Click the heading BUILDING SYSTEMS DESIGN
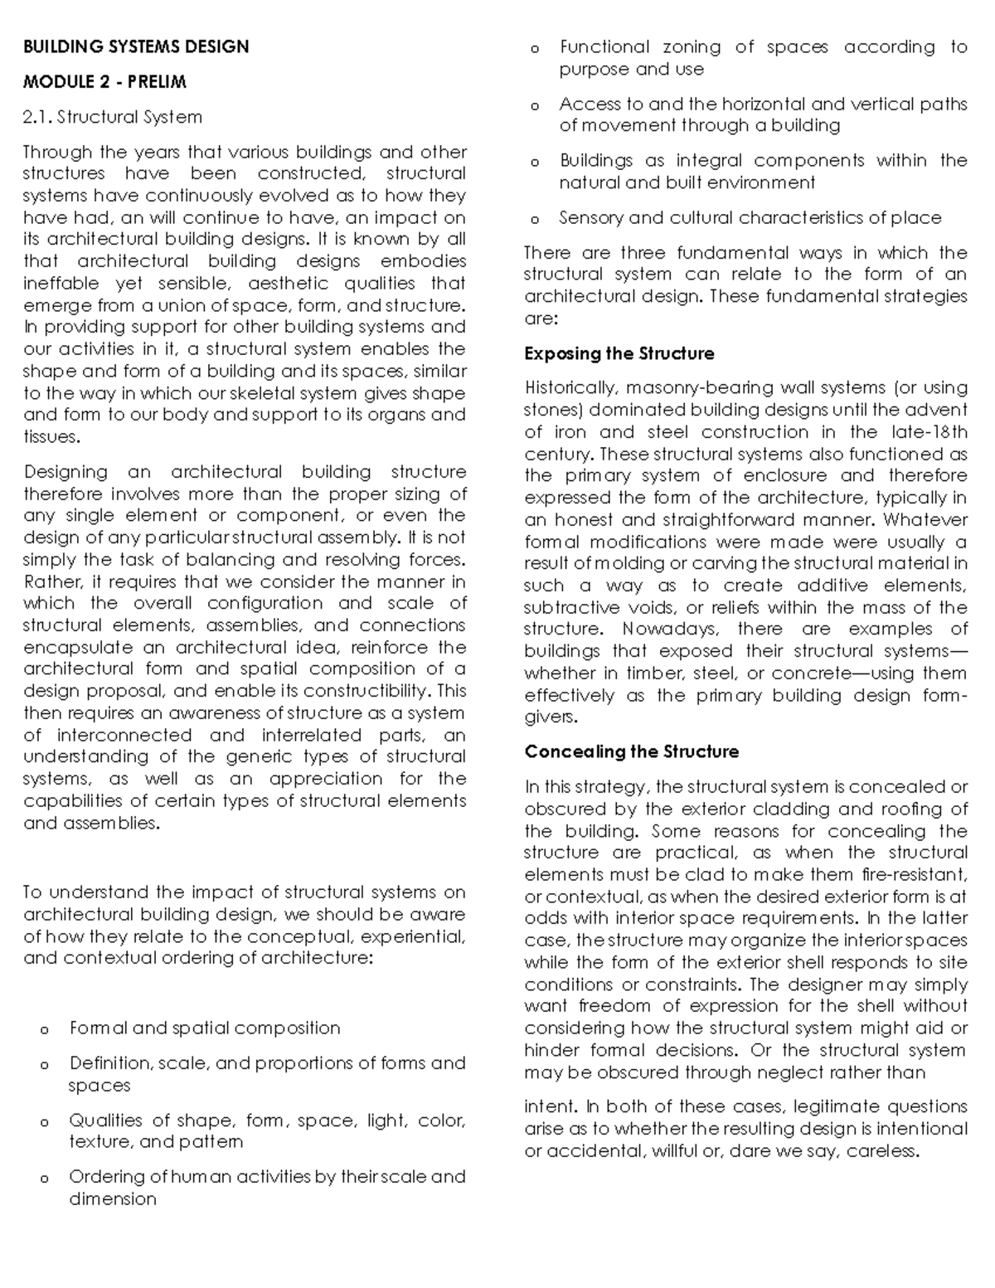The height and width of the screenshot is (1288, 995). click(x=136, y=46)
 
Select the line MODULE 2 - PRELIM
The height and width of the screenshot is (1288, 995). click(x=104, y=81)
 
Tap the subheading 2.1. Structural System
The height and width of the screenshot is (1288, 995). click(x=113, y=117)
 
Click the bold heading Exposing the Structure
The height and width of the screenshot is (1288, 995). click(x=619, y=353)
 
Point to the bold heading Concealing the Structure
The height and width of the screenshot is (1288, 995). click(x=631, y=751)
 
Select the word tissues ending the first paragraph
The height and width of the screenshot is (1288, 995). click(x=50, y=437)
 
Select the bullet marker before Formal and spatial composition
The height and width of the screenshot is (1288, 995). click(x=44, y=1030)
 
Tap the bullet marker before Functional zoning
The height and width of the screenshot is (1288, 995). click(x=534, y=49)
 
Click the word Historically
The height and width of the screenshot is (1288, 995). click(x=571, y=387)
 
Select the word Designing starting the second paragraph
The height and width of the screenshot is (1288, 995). click(x=66, y=472)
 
